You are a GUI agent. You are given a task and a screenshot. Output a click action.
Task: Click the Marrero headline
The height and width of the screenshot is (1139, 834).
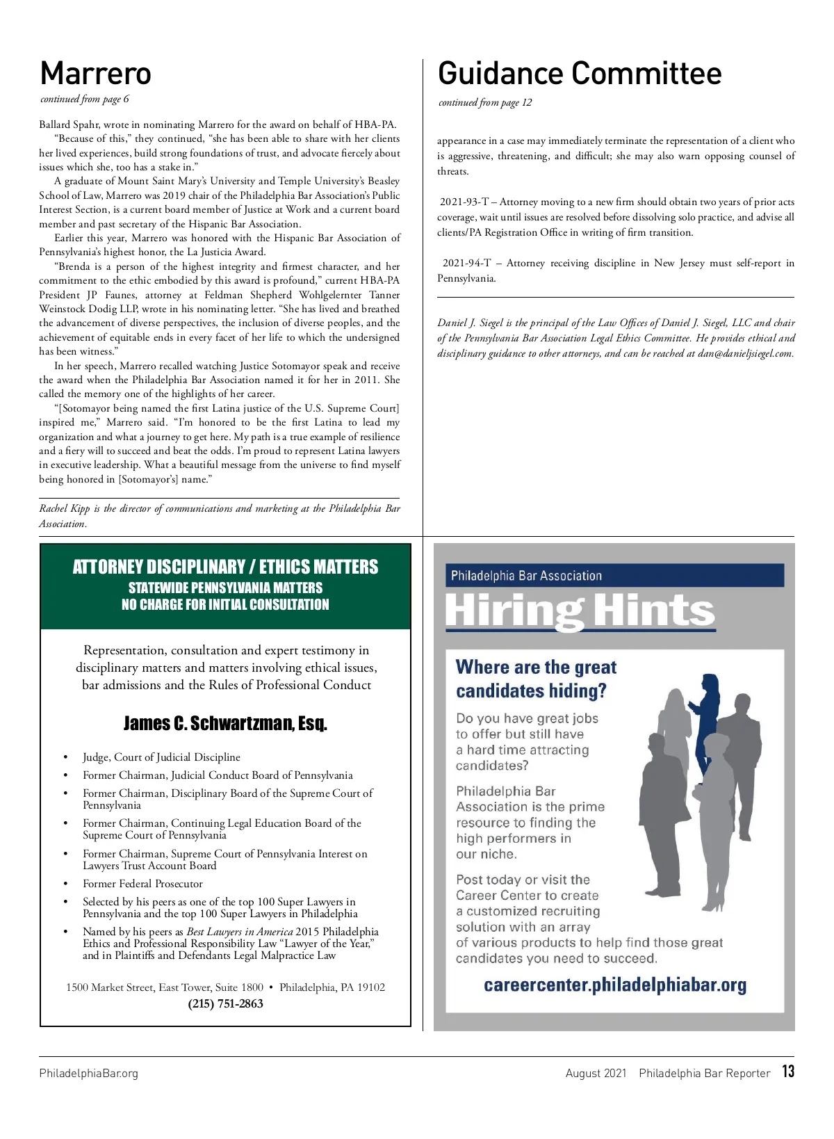click(x=96, y=74)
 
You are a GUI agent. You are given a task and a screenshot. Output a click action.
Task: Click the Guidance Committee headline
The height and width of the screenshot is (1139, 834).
click(x=580, y=74)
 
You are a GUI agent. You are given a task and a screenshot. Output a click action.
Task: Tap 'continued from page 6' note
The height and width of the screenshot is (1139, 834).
click(x=85, y=99)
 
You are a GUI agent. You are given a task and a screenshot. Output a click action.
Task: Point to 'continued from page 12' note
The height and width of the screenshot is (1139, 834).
click(x=485, y=103)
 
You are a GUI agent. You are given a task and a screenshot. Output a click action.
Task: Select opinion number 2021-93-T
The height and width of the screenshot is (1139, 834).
click(x=464, y=202)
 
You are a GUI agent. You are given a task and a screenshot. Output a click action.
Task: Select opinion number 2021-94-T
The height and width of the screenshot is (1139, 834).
click(x=467, y=264)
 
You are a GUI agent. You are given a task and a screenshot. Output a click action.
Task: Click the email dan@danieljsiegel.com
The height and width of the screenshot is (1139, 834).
click(x=745, y=354)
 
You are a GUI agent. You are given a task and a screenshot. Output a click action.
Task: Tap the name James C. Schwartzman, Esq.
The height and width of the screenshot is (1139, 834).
click(x=225, y=724)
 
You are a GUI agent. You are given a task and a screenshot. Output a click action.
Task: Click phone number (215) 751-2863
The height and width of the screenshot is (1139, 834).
click(x=225, y=1004)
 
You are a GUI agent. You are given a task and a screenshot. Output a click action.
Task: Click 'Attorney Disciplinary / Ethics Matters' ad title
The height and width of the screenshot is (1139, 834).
click(x=225, y=567)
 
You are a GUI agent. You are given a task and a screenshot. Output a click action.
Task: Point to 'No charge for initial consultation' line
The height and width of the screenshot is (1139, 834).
click(x=225, y=605)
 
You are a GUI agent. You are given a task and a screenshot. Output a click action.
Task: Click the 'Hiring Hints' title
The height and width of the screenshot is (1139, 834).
click(x=580, y=611)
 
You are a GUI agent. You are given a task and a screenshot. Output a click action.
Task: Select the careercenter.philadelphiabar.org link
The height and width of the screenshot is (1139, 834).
click(x=614, y=985)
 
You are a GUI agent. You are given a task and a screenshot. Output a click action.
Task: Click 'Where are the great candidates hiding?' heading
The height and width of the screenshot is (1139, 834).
click(x=536, y=679)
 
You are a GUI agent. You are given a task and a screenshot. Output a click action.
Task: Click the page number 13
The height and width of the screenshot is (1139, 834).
click(x=787, y=1072)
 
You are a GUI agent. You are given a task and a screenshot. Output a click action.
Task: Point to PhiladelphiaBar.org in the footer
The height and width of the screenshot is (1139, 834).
click(x=89, y=1074)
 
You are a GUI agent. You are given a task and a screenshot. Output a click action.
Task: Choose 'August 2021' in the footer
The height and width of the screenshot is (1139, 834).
click(x=596, y=1074)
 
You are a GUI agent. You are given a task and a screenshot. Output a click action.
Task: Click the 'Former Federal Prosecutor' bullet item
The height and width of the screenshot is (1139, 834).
click(x=142, y=884)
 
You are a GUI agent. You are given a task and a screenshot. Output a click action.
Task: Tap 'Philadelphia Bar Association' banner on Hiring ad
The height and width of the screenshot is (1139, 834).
click(x=526, y=576)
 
